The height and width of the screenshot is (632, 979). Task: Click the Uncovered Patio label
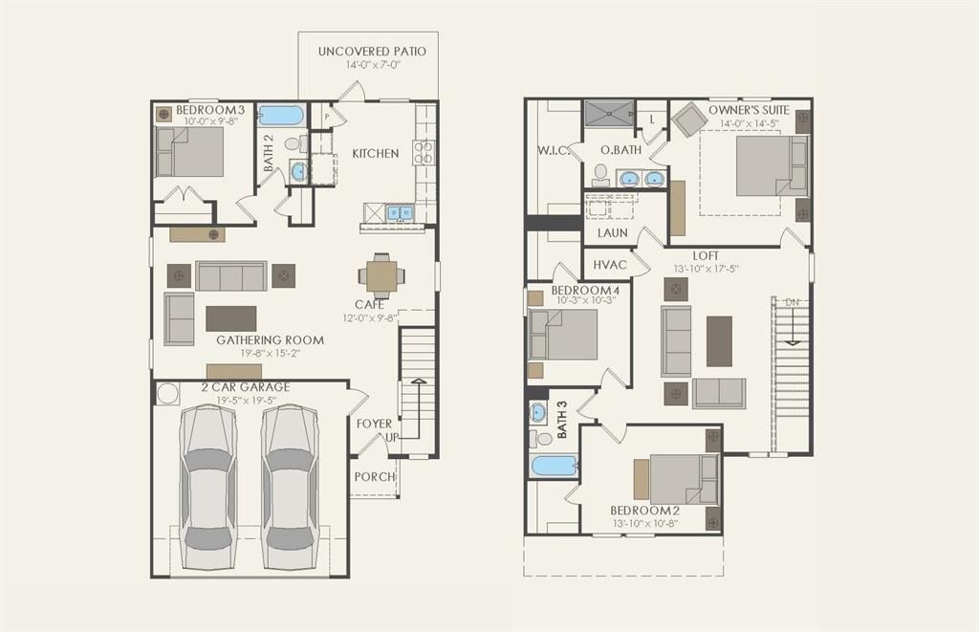[x=372, y=52]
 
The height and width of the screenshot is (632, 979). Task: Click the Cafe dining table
[x=381, y=275]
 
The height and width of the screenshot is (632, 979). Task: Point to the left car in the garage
[x=207, y=487]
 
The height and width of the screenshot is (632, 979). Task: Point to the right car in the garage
[x=291, y=487]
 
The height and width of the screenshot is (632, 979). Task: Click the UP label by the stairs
[x=392, y=437]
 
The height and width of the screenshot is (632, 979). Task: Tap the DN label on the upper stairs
[x=792, y=302]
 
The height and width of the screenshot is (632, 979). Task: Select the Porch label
[x=375, y=476]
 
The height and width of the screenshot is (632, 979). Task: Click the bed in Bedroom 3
[x=189, y=152]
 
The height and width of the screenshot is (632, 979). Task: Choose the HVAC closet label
[x=609, y=265]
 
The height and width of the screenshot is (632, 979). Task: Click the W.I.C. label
[x=554, y=150]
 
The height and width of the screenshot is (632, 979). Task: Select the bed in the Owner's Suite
[x=772, y=166]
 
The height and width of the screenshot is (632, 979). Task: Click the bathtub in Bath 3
[x=554, y=466]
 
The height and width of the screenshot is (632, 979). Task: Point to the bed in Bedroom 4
[x=562, y=335]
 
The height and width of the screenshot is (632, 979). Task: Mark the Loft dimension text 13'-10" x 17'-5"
[x=706, y=269]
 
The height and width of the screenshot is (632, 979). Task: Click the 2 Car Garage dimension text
[x=246, y=401]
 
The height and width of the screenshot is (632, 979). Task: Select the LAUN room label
[x=613, y=233]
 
